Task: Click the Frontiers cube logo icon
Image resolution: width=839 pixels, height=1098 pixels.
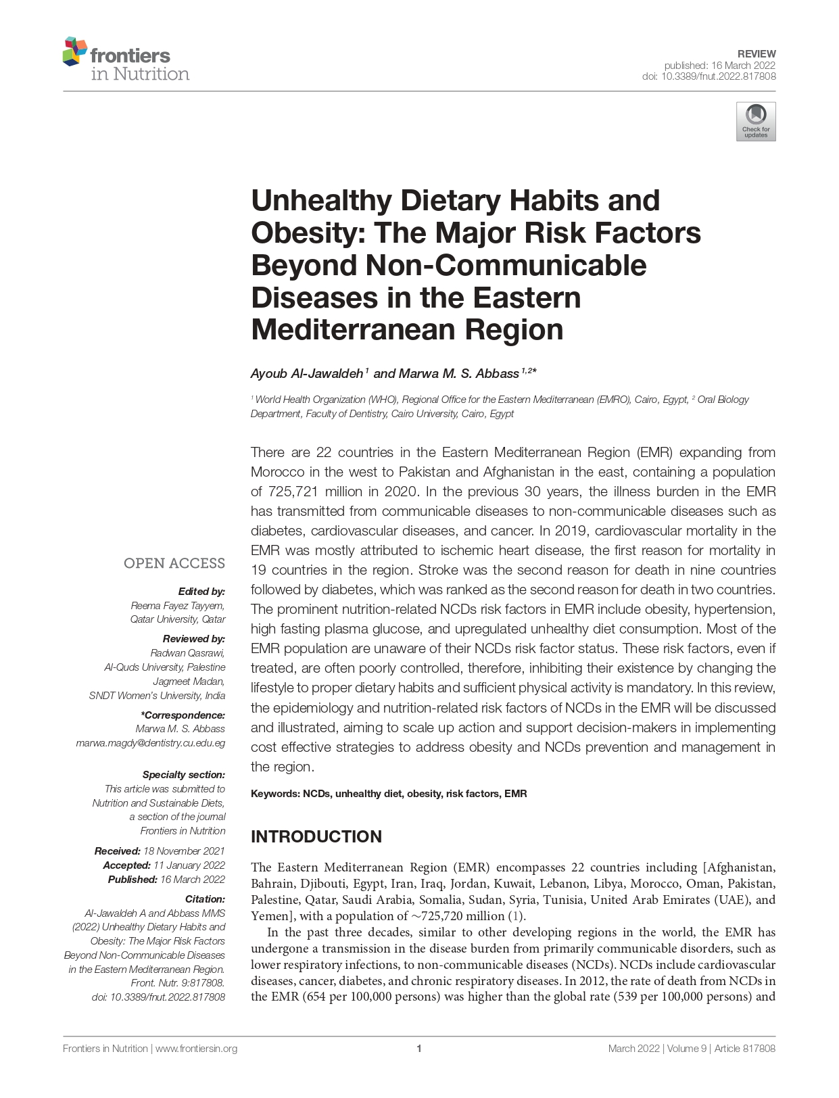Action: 74,51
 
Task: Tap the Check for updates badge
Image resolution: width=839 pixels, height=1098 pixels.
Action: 755,121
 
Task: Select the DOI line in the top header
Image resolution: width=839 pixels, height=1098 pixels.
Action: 709,76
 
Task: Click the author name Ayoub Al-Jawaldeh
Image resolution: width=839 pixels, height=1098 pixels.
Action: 307,373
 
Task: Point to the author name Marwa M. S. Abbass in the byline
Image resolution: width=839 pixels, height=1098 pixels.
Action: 458,373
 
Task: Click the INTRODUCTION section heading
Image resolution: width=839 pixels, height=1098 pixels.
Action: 316,836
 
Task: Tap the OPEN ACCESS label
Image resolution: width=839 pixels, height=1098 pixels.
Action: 174,563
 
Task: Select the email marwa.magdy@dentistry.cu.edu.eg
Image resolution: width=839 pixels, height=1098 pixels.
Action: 150,742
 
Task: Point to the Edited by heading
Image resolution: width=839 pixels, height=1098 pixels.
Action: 201,591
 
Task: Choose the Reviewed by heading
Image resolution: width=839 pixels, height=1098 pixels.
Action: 193,638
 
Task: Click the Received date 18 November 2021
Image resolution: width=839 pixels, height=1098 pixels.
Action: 184,851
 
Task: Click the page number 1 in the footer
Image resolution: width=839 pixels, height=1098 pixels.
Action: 419,1049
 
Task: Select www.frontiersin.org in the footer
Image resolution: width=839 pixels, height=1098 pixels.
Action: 196,1049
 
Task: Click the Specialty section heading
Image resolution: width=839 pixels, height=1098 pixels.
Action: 183,774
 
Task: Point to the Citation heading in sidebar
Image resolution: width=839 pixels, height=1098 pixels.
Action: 205,899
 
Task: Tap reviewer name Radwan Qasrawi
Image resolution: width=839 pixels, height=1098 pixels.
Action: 187,652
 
